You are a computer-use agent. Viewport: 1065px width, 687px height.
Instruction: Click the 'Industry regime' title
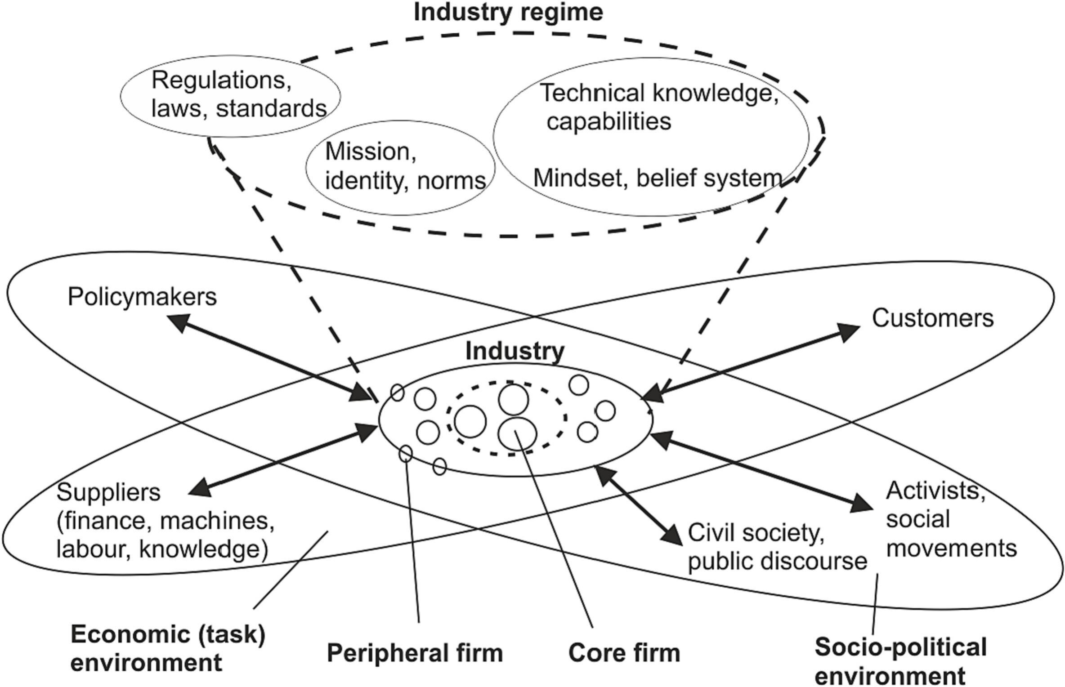pos(508,12)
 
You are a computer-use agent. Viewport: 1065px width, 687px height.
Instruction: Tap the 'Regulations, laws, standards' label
pos(239,94)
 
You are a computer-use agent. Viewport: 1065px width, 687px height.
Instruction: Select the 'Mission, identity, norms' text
pos(405,166)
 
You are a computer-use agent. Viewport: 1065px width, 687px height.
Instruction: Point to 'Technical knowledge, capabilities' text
pos(659,107)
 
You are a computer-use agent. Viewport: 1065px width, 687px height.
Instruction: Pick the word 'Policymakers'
pos(142,297)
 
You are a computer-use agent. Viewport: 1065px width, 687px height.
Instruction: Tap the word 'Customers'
pos(933,318)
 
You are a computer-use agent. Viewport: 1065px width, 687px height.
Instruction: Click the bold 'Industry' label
pos(515,351)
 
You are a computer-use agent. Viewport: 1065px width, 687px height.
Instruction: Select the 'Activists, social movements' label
pos(951,520)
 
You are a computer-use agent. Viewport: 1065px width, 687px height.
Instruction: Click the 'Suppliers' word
pos(108,493)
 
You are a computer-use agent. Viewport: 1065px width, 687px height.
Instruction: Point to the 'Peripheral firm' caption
pos(415,653)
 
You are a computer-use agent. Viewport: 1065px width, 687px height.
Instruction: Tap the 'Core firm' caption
pos(624,653)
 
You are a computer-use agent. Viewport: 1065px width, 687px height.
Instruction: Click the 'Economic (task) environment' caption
pos(168,648)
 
